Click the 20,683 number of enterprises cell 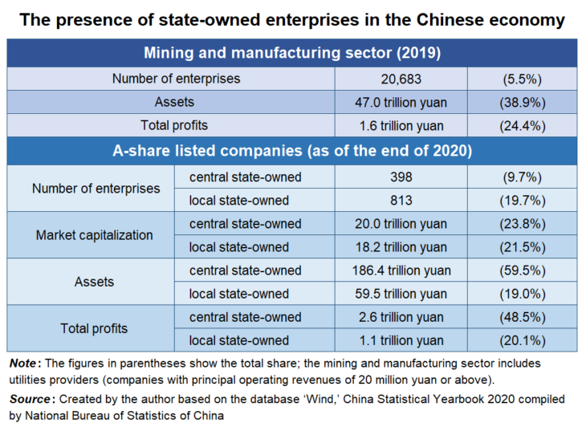click(x=402, y=79)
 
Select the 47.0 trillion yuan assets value click(x=402, y=102)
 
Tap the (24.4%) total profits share click(x=523, y=125)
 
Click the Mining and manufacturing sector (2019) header click(x=292, y=54)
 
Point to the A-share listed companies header click(x=292, y=150)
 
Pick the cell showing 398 click(x=402, y=177)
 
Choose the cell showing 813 click(x=402, y=200)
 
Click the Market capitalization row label click(x=94, y=235)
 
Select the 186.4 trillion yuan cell click(x=402, y=270)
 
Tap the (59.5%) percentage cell click(x=523, y=270)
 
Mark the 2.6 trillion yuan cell click(x=402, y=317)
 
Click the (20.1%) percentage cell click(x=523, y=340)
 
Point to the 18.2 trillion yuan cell click(x=402, y=247)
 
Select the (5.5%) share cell click(x=523, y=79)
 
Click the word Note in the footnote click(x=24, y=364)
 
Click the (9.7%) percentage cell click(x=523, y=177)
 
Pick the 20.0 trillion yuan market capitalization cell click(x=402, y=224)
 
